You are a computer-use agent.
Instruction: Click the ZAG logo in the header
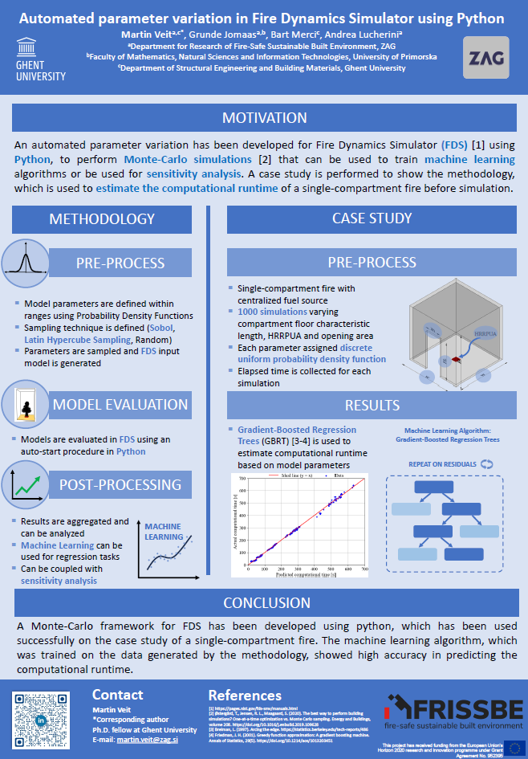484,58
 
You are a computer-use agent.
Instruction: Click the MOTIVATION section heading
264,118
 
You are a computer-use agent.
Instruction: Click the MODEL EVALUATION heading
120,404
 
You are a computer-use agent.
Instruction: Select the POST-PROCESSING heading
120,484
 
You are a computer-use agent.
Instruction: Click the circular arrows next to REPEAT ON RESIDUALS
486,464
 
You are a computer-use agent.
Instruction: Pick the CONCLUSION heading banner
265,602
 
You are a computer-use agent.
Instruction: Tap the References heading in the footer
244,695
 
